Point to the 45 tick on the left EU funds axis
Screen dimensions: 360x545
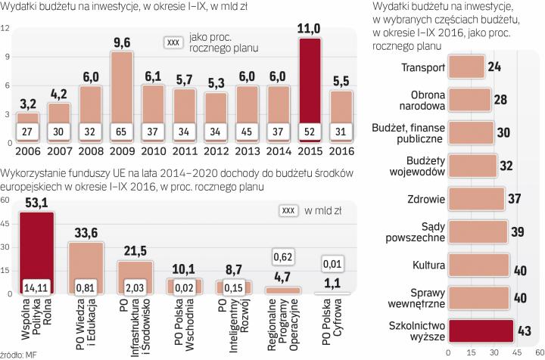6,224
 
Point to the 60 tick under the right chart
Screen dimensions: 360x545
539,352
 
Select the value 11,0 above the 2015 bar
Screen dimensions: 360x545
313,29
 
